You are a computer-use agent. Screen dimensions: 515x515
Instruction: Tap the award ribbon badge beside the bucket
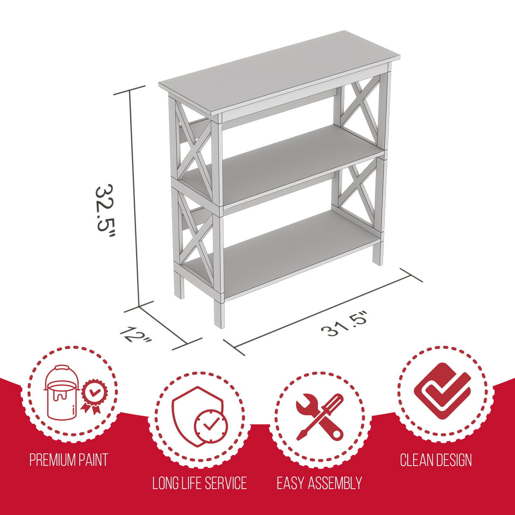point(93,395)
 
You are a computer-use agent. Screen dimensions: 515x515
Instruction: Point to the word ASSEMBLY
point(335,483)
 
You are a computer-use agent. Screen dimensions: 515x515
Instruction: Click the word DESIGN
point(453,460)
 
